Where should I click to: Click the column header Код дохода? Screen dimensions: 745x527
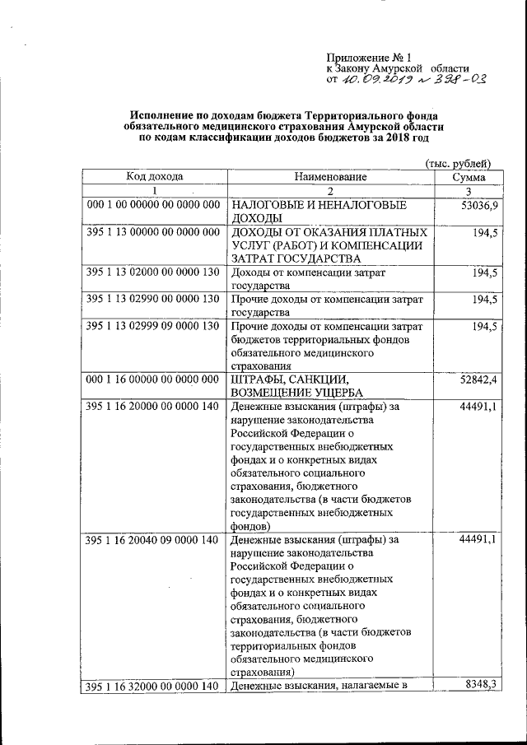pos(154,176)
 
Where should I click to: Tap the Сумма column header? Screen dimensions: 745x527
pos(469,176)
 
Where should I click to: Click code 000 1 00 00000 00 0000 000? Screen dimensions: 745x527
pos(154,203)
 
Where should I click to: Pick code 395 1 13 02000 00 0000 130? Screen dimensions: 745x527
pos(154,272)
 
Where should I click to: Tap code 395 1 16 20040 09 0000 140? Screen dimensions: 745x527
pos(154,540)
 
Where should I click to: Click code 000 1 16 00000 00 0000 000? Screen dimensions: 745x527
pos(154,379)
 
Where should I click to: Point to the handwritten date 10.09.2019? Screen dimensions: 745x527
pos(371,80)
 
